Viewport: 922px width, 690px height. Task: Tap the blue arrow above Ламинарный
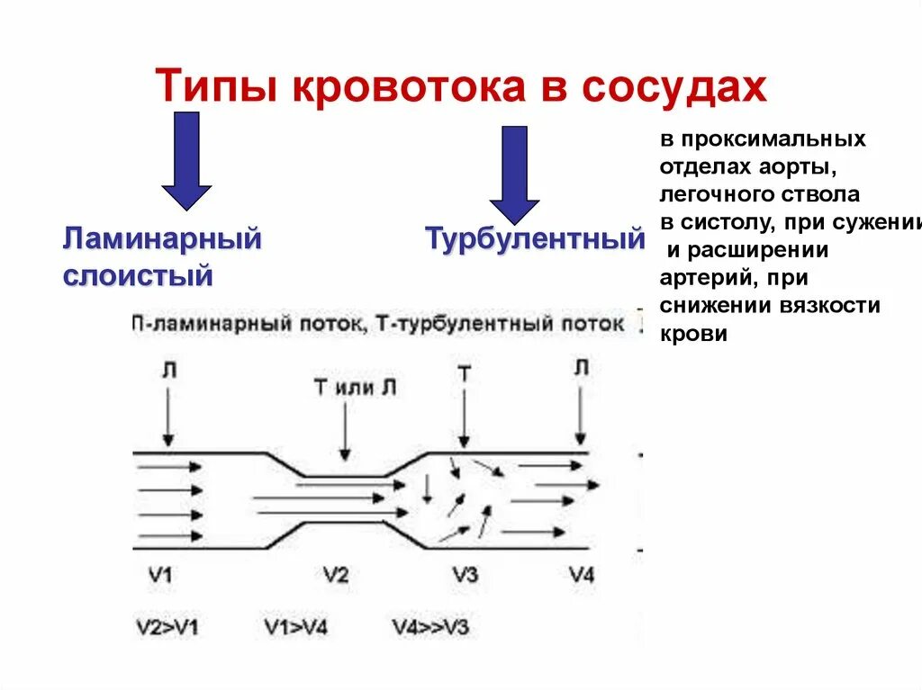pos(186,160)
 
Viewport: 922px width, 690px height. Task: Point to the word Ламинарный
pos(162,239)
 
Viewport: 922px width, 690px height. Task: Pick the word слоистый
pos(138,275)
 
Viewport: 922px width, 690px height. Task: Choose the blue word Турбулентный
pos(535,239)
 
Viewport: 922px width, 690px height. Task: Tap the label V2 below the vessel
pos(335,576)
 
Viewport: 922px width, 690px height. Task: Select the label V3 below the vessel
pos(465,576)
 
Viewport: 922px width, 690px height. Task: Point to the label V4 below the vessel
pos(582,576)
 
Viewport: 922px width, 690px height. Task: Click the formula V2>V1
pos(167,626)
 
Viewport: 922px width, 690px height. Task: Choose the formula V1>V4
pos(297,626)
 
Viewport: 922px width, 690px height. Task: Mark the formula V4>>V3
pos(430,626)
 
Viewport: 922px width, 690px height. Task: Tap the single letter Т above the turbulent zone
pos(464,374)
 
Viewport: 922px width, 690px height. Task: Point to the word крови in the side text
pos(693,333)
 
